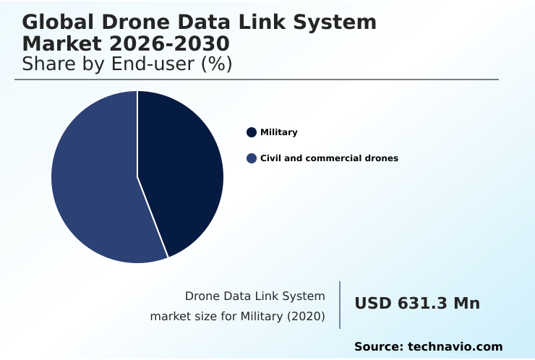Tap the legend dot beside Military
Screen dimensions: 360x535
click(x=252, y=132)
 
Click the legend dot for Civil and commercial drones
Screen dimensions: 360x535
click(x=252, y=158)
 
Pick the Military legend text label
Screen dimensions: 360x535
click(x=278, y=132)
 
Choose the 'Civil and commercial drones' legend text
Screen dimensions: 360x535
click(x=329, y=158)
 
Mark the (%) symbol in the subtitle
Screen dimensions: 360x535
click(x=216, y=64)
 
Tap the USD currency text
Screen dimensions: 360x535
click(x=372, y=304)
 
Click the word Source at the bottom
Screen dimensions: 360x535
click(x=380, y=347)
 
